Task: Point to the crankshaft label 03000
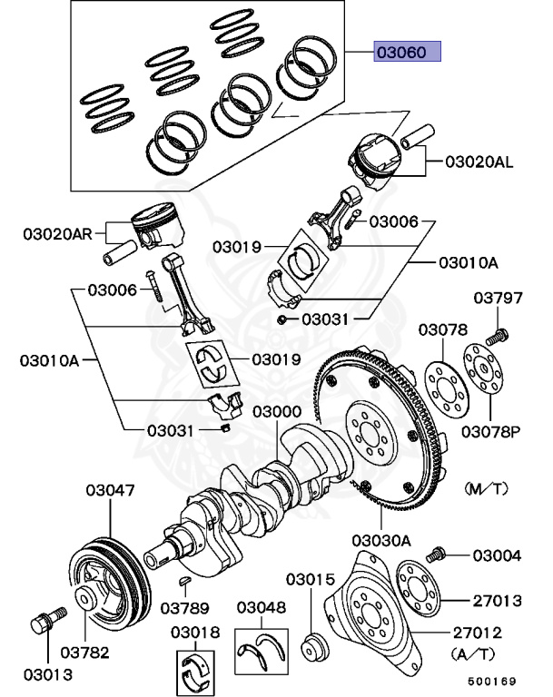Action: [x=277, y=412]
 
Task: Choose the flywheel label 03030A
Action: [x=381, y=540]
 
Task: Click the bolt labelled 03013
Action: [x=44, y=624]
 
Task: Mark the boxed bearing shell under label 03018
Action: [x=197, y=672]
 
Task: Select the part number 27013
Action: [x=496, y=600]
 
